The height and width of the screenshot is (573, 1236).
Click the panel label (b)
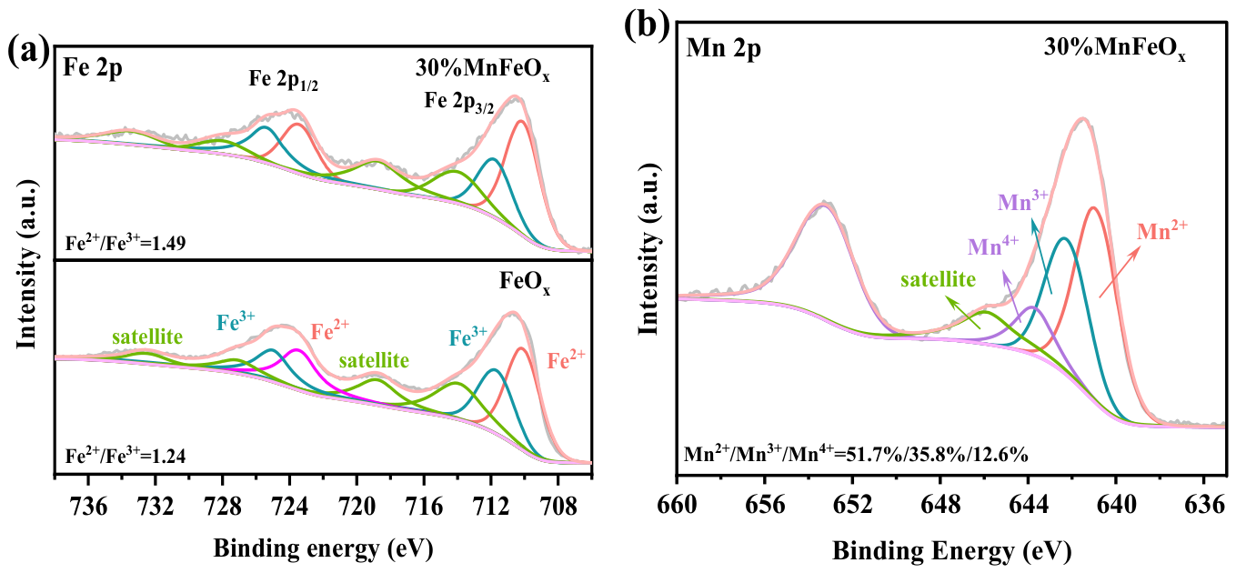tap(647, 25)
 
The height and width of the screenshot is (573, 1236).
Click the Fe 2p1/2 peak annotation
tap(283, 80)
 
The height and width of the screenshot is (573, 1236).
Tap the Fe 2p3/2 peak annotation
tap(459, 102)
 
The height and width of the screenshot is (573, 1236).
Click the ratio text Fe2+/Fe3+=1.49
tap(126, 242)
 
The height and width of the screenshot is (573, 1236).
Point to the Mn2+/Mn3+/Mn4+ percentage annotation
tap(856, 455)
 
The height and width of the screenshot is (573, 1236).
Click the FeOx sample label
tap(525, 282)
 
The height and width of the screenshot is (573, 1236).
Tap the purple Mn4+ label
tap(993, 246)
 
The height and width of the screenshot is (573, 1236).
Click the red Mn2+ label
tap(1162, 231)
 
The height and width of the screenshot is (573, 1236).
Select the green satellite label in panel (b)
tap(938, 280)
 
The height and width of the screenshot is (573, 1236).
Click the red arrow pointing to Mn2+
tap(1119, 273)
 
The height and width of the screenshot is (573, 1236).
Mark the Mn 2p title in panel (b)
tap(723, 49)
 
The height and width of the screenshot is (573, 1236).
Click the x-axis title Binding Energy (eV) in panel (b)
tap(952, 551)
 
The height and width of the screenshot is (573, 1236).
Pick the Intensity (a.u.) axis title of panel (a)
tap(26, 264)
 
